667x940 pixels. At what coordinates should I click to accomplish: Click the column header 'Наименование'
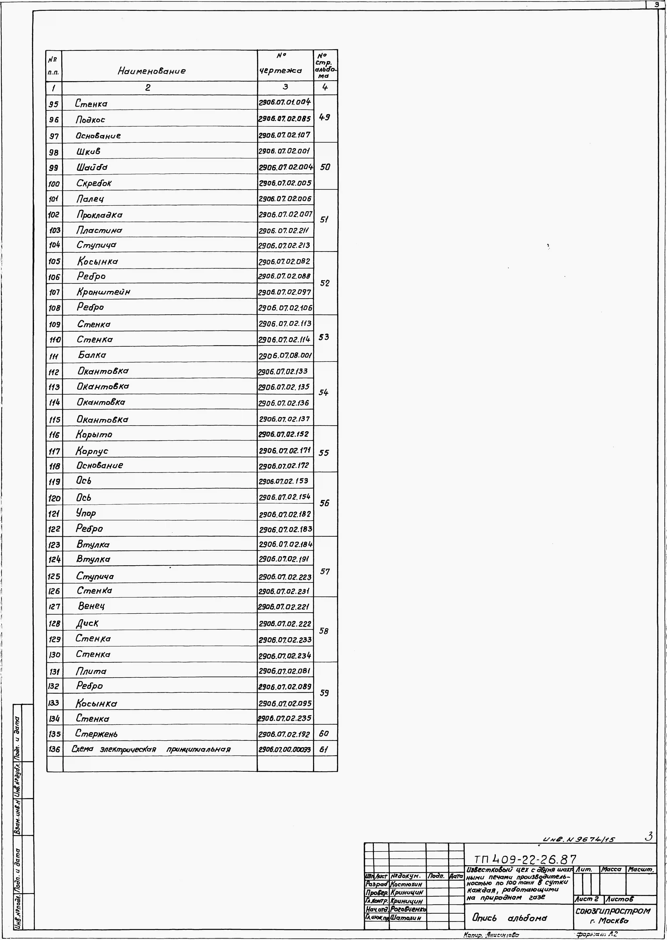[152, 71]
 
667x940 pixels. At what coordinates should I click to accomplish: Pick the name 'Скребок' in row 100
[94, 183]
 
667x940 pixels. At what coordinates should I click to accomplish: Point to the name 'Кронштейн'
[104, 292]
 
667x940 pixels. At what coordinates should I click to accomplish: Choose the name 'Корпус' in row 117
[92, 451]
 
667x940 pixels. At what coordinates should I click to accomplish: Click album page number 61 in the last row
[324, 749]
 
